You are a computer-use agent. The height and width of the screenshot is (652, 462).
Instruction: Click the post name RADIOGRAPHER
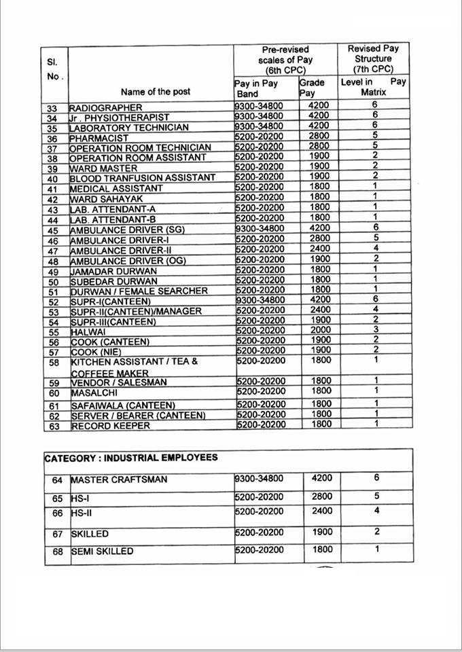click(x=106, y=107)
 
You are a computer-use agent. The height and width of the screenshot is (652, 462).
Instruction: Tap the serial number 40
click(x=53, y=178)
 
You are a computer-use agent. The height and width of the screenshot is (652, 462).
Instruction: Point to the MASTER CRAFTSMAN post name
click(x=118, y=480)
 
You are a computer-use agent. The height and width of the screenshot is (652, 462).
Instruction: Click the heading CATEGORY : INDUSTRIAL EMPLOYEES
click(x=131, y=458)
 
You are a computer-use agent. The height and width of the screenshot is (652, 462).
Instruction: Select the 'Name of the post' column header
click(x=156, y=92)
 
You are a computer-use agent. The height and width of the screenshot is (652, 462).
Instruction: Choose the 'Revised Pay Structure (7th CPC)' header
click(x=373, y=58)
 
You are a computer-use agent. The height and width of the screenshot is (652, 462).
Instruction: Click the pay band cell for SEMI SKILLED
click(x=258, y=550)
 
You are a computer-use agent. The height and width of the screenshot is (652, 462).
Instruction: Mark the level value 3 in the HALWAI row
click(x=375, y=330)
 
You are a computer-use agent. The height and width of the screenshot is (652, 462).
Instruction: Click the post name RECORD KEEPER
click(x=110, y=426)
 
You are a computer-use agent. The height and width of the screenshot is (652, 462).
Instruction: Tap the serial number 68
click(x=57, y=551)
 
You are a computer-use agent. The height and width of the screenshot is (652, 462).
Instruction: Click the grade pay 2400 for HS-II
click(x=322, y=511)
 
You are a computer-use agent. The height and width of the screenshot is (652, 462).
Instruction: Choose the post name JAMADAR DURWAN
click(x=113, y=271)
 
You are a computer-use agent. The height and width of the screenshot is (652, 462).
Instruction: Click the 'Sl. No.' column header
click(x=54, y=69)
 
